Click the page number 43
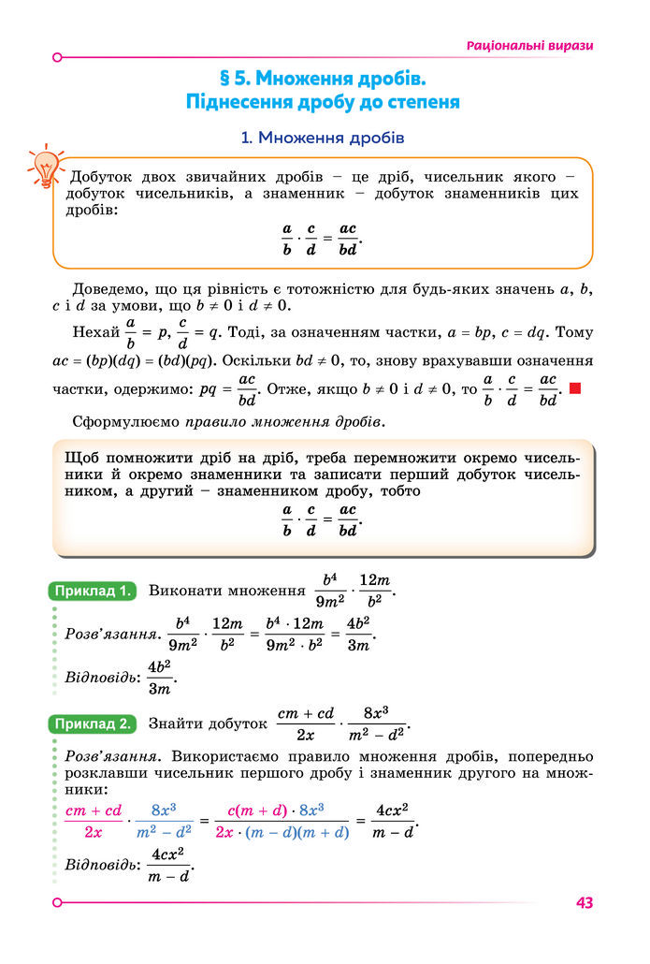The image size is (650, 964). point(585,902)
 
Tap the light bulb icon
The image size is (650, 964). point(44,166)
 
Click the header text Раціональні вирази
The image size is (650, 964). point(529,45)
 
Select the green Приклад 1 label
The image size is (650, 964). point(92,591)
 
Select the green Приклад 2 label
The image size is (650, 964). point(92,723)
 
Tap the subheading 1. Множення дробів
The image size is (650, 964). point(322,139)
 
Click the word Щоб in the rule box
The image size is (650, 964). point(81,459)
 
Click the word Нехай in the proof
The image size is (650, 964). point(94,331)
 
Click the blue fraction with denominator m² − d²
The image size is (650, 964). point(164,820)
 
